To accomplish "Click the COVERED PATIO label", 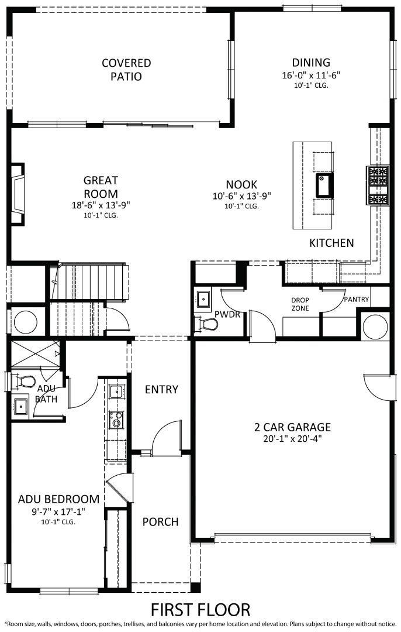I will pyautogui.click(x=126, y=70).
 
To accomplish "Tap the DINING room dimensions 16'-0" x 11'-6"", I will pyautogui.click(x=311, y=75).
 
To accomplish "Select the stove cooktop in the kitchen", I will pyautogui.click(x=376, y=185).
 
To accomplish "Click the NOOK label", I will pyautogui.click(x=242, y=184).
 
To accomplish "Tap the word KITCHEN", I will pyautogui.click(x=331, y=242).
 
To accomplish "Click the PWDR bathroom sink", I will pyautogui.click(x=203, y=300).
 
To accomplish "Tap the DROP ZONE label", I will pyautogui.click(x=300, y=304).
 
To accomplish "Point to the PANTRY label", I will pyautogui.click(x=356, y=299).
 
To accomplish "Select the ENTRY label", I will pyautogui.click(x=161, y=390).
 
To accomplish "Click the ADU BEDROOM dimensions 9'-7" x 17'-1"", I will pyautogui.click(x=58, y=511).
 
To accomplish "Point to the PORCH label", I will pyautogui.click(x=160, y=521).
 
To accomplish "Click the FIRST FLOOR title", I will pyautogui.click(x=200, y=609).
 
